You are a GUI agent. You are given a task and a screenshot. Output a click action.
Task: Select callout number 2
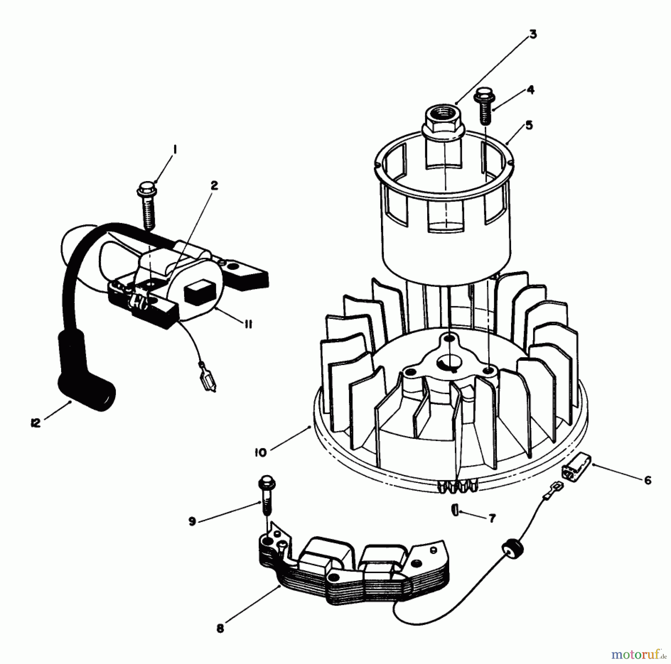214,186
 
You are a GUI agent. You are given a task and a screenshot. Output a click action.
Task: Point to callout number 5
529,125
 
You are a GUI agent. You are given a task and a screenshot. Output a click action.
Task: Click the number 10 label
261,453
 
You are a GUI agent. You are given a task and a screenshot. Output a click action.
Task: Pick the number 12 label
36,423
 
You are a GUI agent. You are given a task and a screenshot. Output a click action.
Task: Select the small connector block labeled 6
576,467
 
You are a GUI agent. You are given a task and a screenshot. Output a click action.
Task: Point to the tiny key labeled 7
454,509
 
